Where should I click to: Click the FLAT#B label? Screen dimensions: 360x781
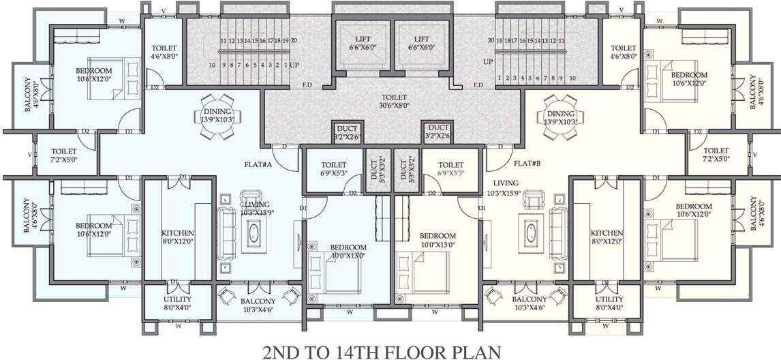tap(527, 164)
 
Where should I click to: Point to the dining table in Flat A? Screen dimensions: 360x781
tap(217, 116)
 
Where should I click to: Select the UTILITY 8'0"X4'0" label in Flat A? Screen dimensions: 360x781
tap(177, 303)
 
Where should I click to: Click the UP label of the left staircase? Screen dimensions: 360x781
tap(294, 65)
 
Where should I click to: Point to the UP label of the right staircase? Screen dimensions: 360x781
tap(488, 61)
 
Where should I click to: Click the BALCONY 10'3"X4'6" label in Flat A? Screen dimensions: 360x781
tap(258, 305)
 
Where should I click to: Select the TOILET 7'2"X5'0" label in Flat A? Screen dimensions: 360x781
tap(65, 155)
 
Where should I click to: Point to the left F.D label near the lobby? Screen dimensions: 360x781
tap(307, 85)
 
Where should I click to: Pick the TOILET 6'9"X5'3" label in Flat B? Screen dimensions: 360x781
tap(451, 169)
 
